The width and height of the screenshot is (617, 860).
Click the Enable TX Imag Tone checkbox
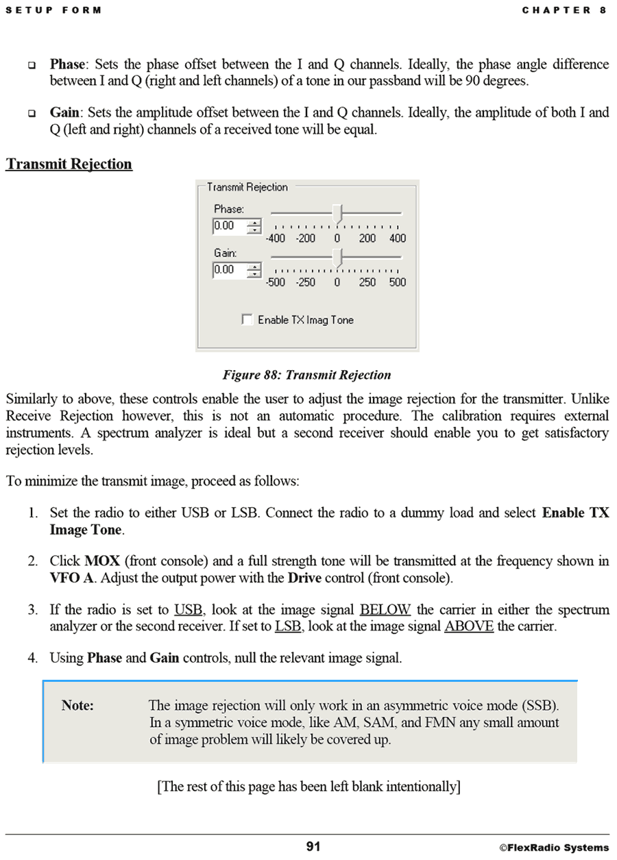[x=247, y=319]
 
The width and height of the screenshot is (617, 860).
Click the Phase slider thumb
[x=337, y=212]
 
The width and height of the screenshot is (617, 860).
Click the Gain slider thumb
[x=337, y=256]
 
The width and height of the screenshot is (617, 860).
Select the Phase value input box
[x=229, y=225]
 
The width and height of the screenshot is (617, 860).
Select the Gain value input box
[x=229, y=269]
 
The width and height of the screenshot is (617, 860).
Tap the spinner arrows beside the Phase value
[x=254, y=225]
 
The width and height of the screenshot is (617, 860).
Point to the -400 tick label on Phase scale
[x=276, y=238]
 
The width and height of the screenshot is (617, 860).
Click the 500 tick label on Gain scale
[x=397, y=282]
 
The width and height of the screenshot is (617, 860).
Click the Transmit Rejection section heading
[x=69, y=164]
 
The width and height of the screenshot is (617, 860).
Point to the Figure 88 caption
[x=306, y=375]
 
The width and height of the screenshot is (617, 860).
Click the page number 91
[x=313, y=846]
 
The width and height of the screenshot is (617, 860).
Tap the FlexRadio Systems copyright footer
[x=554, y=848]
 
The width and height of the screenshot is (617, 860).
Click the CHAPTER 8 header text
[x=564, y=10]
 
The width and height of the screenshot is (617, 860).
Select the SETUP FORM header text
[x=53, y=10]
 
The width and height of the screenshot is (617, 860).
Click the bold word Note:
[x=77, y=705]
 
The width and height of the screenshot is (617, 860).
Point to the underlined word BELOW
[x=385, y=609]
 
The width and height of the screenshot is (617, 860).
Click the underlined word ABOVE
[x=469, y=626]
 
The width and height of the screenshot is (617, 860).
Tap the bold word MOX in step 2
[x=102, y=561]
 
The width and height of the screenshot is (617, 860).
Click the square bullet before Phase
[x=32, y=65]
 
